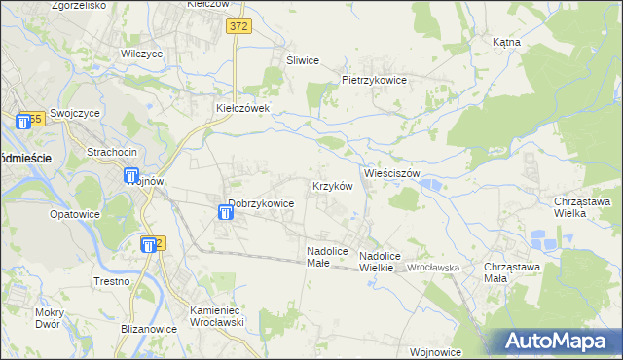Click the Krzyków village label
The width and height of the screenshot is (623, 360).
pos(331,185)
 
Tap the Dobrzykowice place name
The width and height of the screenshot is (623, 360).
pos(261,204)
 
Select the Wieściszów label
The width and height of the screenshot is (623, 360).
pos(391,173)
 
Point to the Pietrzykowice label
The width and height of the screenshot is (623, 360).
pos(373,80)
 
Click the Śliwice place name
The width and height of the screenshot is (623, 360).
pos(303,60)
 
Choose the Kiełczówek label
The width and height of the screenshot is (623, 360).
pos(249,109)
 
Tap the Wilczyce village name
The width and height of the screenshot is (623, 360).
pos(140,54)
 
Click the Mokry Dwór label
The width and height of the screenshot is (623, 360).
pos(48,318)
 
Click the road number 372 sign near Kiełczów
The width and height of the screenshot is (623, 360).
pos(238,27)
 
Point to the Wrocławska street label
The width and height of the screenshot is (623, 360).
pos(432,267)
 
